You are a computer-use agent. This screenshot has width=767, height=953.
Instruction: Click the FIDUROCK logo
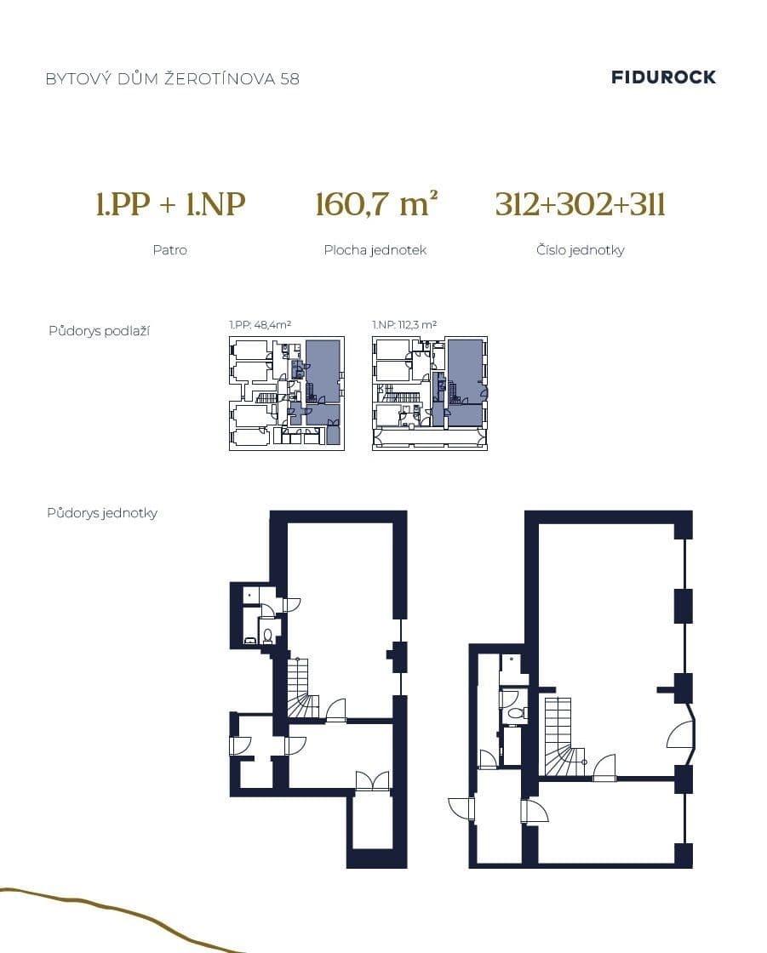[663, 77]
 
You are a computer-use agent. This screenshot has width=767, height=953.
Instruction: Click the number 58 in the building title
[289, 79]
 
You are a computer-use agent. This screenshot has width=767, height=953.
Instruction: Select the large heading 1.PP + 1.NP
[170, 205]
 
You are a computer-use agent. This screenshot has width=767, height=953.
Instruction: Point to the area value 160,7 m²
[375, 205]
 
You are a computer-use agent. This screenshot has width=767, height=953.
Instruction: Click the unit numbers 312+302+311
[580, 205]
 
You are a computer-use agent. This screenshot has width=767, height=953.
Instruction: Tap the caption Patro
[170, 250]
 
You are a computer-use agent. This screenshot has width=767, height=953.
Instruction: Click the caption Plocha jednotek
[375, 250]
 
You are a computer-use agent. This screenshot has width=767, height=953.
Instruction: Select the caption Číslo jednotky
[580, 250]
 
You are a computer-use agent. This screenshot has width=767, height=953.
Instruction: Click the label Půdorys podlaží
[99, 331]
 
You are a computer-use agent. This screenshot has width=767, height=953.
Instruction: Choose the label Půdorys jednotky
[102, 513]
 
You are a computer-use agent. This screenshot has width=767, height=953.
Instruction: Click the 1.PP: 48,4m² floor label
[260, 325]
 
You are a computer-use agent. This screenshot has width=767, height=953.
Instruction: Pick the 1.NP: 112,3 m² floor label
[404, 325]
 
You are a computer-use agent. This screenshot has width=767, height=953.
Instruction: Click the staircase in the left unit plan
[300, 689]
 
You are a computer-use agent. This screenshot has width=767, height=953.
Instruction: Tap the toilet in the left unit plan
[267, 635]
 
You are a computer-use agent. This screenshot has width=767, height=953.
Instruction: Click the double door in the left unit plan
[372, 781]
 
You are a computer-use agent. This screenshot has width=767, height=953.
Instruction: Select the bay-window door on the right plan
[682, 734]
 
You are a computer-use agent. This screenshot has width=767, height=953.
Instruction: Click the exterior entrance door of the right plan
[461, 808]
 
